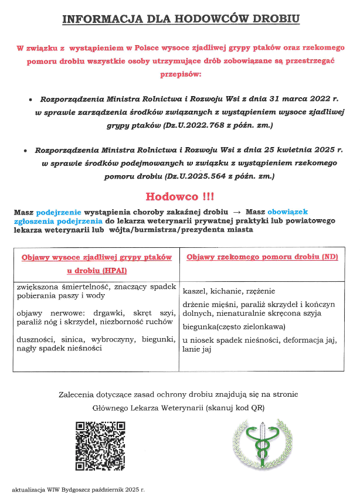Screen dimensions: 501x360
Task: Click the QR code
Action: coord(100,446)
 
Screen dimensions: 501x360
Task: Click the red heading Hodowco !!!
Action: coord(179,196)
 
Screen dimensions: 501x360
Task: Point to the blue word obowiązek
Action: coord(288,211)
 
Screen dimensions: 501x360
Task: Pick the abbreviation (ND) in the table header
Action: coord(330,257)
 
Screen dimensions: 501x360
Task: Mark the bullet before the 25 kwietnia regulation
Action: coord(25,151)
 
